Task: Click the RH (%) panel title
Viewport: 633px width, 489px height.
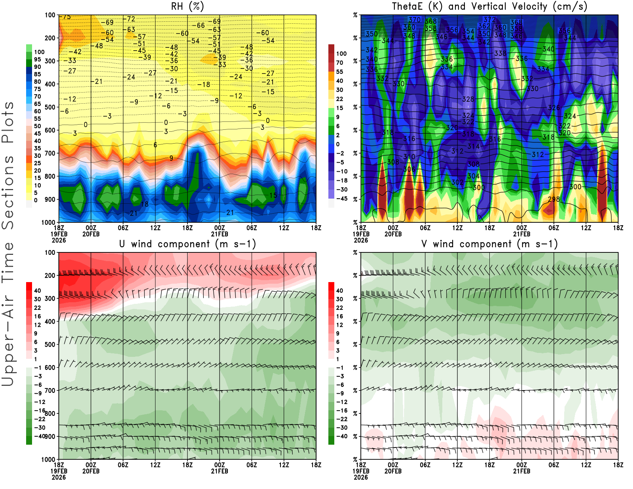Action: (187, 7)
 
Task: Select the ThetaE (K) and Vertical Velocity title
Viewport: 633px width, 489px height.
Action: (489, 7)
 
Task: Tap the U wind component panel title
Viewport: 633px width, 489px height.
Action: (187, 244)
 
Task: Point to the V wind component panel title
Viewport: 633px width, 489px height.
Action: (489, 244)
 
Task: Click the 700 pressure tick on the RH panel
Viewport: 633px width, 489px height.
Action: (50, 154)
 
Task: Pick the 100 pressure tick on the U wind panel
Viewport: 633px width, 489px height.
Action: (50, 252)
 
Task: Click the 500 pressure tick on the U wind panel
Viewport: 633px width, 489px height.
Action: (50, 345)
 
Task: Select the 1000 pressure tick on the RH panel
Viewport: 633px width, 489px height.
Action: (48, 222)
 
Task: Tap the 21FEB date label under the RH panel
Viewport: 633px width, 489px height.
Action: (220, 234)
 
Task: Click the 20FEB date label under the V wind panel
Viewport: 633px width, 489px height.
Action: (393, 471)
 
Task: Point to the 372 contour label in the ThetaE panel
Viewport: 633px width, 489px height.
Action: (489, 19)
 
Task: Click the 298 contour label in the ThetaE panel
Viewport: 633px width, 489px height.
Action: (554, 199)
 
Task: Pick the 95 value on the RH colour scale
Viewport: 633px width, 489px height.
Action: (37, 59)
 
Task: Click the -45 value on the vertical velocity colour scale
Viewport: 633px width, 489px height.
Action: (341, 199)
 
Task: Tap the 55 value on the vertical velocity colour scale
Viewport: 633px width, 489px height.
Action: (339, 72)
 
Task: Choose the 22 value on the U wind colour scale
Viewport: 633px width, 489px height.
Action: (37, 308)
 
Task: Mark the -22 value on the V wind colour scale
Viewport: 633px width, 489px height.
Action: (341, 419)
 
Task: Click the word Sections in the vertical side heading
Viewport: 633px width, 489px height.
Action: (8, 192)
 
